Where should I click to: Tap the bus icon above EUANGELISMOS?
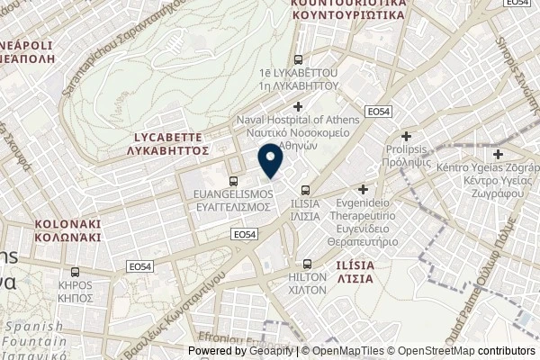click(x=234, y=181)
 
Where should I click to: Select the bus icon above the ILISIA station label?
click(x=307, y=190)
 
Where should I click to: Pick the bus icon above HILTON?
click(x=309, y=264)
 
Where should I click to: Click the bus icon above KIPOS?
click(x=76, y=273)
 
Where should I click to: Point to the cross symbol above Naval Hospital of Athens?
click(x=298, y=107)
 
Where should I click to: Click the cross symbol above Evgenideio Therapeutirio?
click(x=364, y=190)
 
